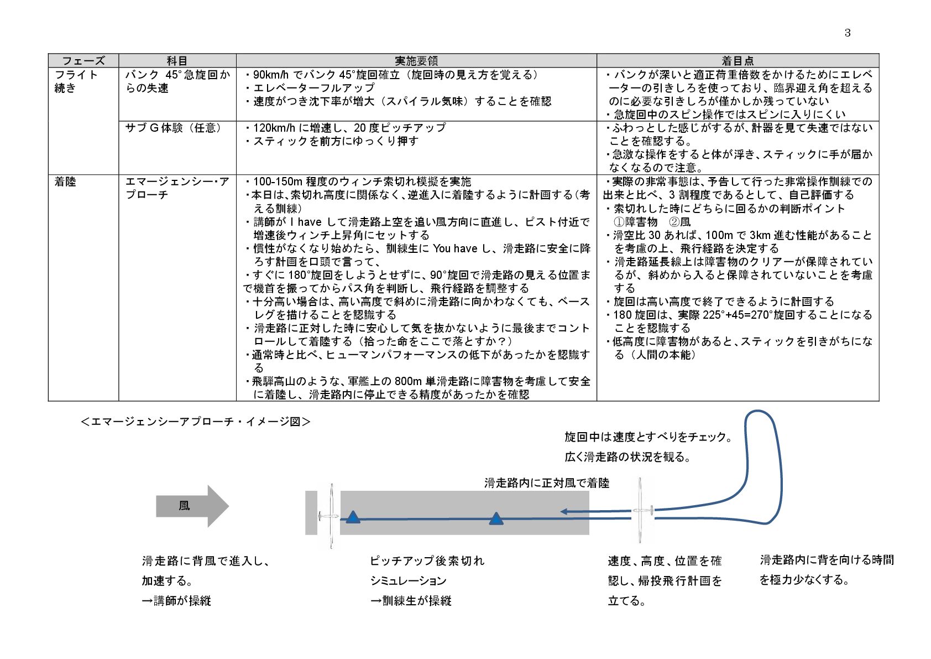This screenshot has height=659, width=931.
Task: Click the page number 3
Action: [x=848, y=33]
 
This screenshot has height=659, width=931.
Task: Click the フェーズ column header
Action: [x=83, y=61]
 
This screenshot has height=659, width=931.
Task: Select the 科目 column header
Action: [x=177, y=61]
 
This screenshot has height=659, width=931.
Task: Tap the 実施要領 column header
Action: [x=416, y=61]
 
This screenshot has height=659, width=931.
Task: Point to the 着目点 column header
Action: [x=738, y=61]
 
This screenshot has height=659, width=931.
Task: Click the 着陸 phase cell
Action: [x=65, y=182]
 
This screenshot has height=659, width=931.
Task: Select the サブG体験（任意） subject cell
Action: [x=174, y=128]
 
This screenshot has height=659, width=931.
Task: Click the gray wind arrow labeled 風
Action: [x=191, y=506]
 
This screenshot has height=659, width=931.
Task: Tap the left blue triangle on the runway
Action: [x=353, y=517]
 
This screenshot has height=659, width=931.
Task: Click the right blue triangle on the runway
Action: [x=496, y=518]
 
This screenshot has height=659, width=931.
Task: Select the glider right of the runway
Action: [x=641, y=511]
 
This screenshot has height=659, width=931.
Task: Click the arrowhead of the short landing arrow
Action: [x=564, y=511]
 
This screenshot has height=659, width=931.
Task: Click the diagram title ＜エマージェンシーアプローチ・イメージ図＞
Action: [x=196, y=422]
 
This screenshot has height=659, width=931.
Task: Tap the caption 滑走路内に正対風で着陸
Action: [x=546, y=483]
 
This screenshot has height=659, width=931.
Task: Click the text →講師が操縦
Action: [x=176, y=601]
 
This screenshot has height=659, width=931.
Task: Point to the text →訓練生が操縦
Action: [x=411, y=601]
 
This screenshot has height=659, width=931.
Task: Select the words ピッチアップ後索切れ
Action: [x=427, y=561]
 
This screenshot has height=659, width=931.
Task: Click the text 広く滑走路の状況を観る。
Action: [x=628, y=457]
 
